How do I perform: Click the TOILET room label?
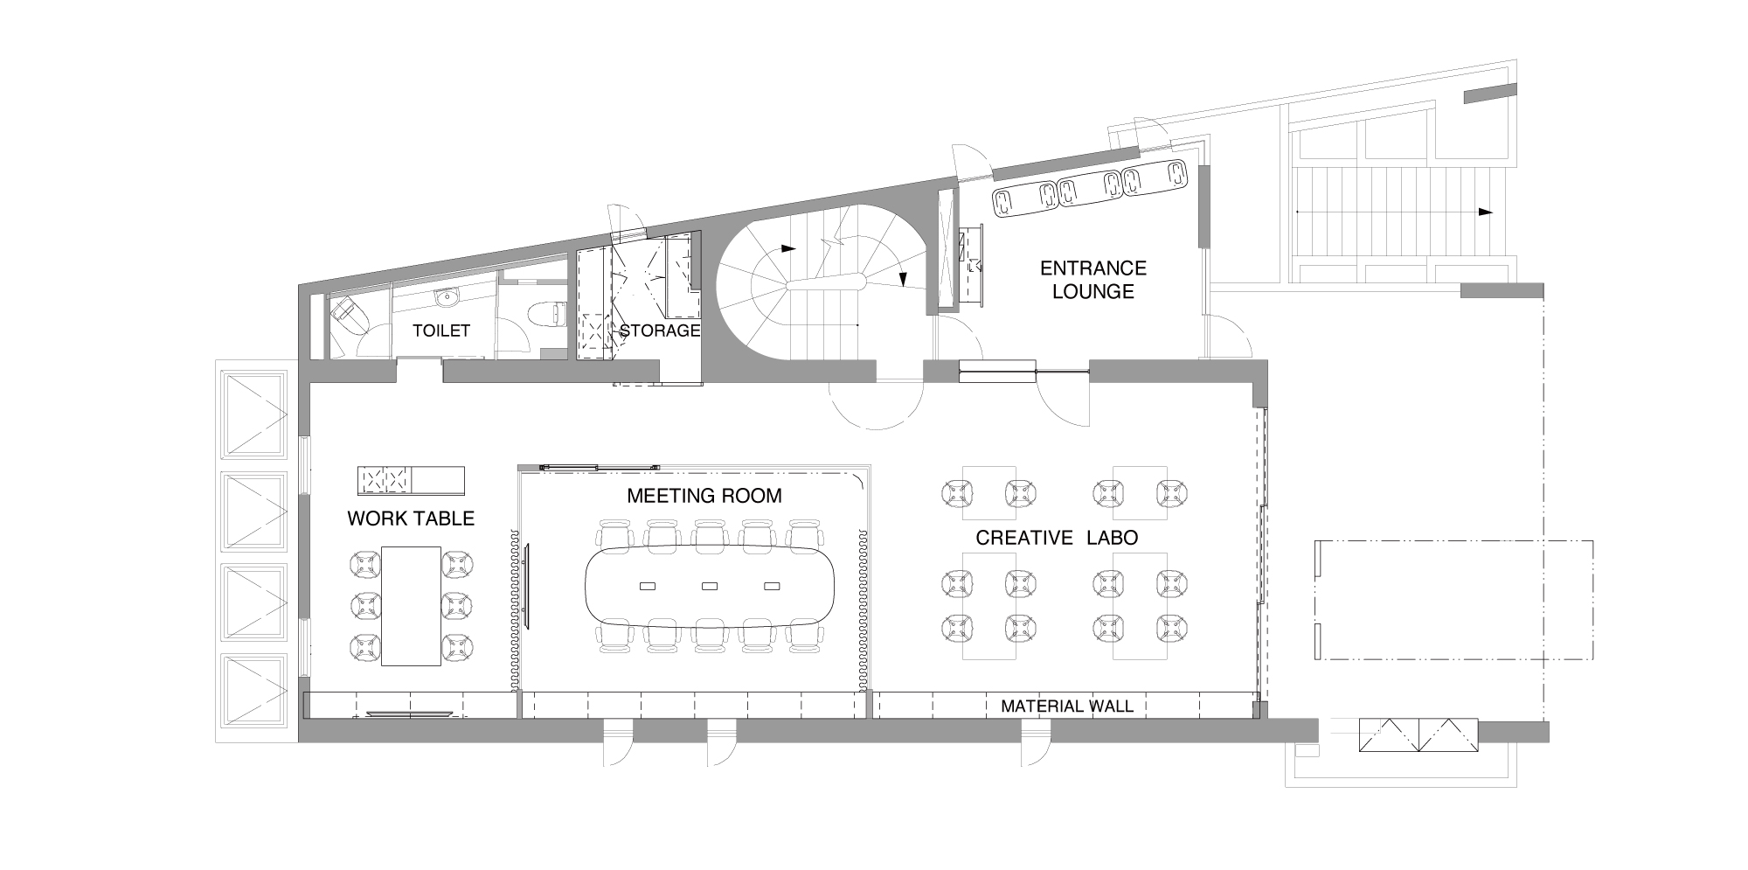[x=441, y=331]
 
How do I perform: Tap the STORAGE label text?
[x=660, y=331]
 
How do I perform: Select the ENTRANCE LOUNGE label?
[x=1092, y=280]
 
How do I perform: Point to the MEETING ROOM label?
[x=704, y=496]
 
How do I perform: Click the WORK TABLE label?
[x=411, y=519]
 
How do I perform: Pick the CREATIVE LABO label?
[x=1057, y=538]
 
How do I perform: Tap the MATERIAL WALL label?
[x=1066, y=706]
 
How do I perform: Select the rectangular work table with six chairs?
[x=411, y=605]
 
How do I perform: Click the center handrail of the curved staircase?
[x=825, y=282]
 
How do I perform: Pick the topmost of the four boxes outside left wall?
[x=255, y=414]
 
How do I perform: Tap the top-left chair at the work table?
[x=366, y=563]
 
